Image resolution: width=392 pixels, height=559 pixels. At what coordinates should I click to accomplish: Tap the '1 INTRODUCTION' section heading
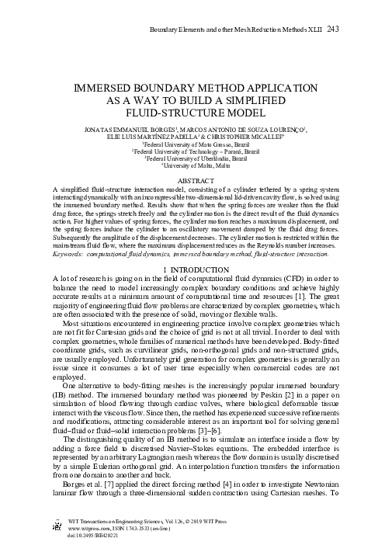click(x=196, y=268)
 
